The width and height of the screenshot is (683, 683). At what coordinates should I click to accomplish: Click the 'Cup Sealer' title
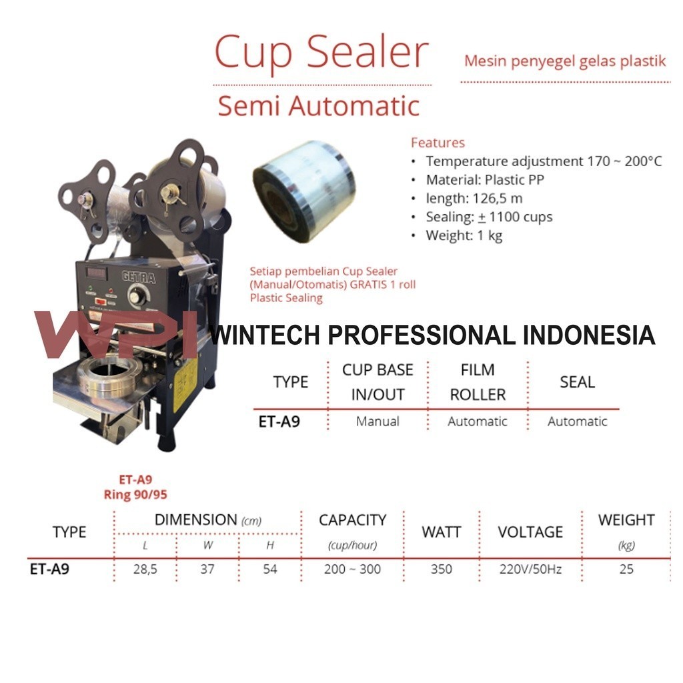click(320, 53)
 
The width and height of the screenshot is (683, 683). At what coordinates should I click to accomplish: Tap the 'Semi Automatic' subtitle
click(319, 106)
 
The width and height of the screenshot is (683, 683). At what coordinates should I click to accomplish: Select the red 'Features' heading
click(438, 143)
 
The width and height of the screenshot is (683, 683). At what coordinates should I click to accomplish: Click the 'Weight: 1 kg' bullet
click(464, 235)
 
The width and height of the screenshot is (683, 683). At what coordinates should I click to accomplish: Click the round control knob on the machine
click(137, 295)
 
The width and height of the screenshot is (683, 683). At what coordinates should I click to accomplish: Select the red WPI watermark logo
click(113, 333)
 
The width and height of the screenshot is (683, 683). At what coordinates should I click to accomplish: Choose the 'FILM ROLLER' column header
click(478, 382)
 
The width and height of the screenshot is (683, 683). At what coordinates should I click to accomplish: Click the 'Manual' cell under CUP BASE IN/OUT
click(378, 422)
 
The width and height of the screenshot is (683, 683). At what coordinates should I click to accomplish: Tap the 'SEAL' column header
click(577, 382)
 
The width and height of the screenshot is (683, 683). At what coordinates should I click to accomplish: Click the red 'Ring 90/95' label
click(135, 495)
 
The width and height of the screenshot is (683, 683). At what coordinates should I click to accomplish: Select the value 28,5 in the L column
click(145, 570)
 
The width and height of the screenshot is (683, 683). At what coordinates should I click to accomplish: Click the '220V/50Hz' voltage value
click(530, 570)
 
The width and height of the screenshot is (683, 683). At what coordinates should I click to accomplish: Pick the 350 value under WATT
click(441, 570)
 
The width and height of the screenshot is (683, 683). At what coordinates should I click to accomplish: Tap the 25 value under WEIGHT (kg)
click(626, 570)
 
